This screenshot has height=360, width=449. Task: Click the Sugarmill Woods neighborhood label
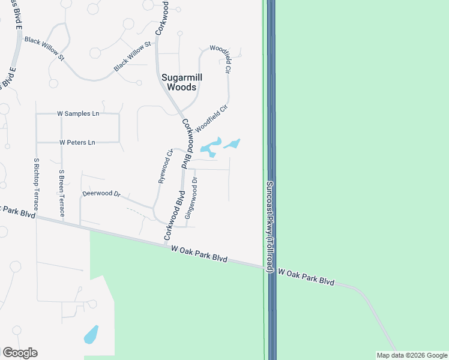coord(179,82)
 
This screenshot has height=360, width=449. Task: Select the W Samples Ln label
coord(78,113)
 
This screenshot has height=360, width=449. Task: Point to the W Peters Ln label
coord(77,143)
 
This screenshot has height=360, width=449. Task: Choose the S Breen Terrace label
coord(61,193)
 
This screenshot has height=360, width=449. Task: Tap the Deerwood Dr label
coord(101,194)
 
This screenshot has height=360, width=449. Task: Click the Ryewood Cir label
coord(165,167)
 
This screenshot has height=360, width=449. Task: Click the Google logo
coord(20,353)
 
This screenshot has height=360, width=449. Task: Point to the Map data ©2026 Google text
coord(411,355)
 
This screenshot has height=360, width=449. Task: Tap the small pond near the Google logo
coord(91,334)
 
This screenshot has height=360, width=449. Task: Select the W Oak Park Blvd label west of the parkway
coord(199,253)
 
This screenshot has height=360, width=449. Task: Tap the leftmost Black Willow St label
coord(44,47)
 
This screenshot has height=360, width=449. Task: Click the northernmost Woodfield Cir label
coord(220,59)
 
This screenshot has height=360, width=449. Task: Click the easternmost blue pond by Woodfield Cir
coord(232,143)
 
